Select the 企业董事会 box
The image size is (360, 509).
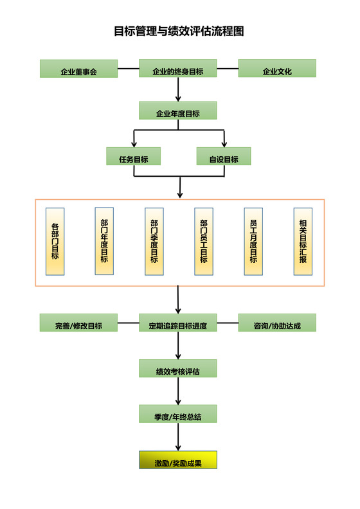(x=78, y=69)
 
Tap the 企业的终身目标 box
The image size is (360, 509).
(x=178, y=69)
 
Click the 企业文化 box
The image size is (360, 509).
(x=277, y=69)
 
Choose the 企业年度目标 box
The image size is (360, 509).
(x=178, y=111)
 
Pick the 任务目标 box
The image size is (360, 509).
(x=133, y=156)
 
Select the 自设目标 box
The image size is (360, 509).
(x=223, y=156)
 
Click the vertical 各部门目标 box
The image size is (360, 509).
(x=55, y=242)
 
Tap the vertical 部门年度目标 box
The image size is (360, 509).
(x=104, y=241)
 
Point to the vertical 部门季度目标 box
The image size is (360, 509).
(x=154, y=242)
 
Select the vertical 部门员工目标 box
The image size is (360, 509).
(x=204, y=241)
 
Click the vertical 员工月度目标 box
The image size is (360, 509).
(x=253, y=242)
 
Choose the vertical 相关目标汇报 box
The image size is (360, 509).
(x=303, y=242)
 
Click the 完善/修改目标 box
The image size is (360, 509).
(x=78, y=323)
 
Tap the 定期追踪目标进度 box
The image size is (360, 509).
(x=178, y=323)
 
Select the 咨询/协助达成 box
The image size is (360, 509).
(x=277, y=323)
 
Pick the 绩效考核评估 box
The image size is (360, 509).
(x=178, y=368)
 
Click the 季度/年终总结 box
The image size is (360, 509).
(x=178, y=413)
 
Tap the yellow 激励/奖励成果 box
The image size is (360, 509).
(x=178, y=460)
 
